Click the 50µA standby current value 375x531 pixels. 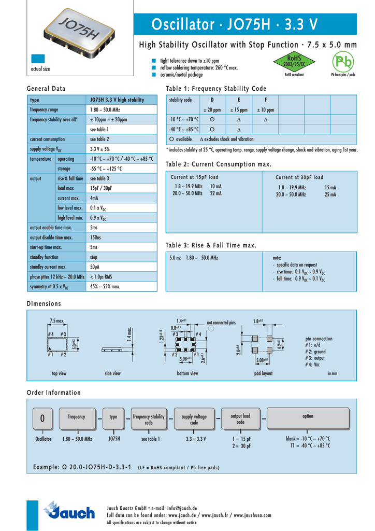(x=94, y=267)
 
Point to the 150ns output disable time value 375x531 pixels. (x=96, y=237)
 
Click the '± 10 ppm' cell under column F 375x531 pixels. (x=266, y=110)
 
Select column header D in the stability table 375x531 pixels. (x=212, y=100)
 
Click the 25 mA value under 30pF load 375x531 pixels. (x=330, y=194)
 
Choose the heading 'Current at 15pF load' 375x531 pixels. (x=195, y=177)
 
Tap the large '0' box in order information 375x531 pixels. (x=43, y=418)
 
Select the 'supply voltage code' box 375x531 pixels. (x=194, y=419)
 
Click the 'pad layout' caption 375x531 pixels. (x=264, y=373)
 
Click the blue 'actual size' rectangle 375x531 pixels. (x=38, y=58)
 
